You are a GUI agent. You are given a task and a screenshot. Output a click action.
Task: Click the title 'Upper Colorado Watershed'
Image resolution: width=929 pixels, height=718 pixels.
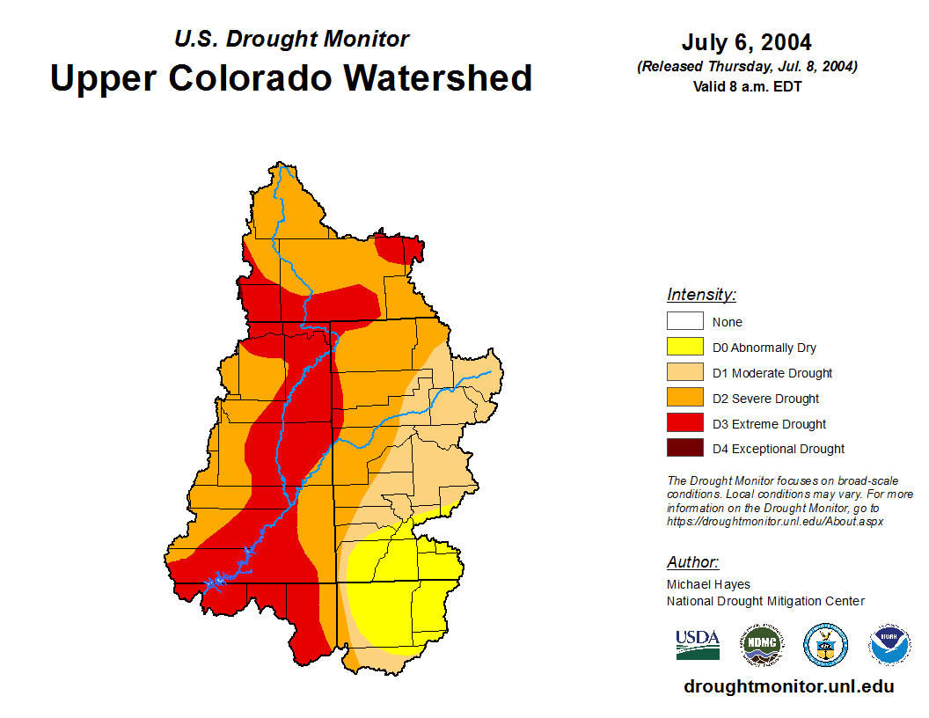coord(291,77)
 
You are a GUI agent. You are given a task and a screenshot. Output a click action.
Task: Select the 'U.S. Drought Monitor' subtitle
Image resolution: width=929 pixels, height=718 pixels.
coord(291,39)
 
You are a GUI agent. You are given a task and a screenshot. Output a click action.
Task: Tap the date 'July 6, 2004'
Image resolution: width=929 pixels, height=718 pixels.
coord(746,42)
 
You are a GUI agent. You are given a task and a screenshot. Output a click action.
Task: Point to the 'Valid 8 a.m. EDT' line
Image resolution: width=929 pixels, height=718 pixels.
coord(746,86)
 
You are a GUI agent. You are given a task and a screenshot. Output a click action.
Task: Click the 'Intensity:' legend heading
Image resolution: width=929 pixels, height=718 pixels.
coord(701,295)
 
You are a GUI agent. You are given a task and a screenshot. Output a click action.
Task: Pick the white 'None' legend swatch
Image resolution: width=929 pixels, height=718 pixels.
coord(684,322)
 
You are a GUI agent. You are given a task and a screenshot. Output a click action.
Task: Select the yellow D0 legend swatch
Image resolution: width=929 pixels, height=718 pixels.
coord(684,348)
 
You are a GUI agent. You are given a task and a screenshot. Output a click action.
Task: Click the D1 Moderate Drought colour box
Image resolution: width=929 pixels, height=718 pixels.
coord(684,373)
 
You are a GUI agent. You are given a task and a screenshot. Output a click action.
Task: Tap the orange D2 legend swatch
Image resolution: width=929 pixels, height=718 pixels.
coord(684,399)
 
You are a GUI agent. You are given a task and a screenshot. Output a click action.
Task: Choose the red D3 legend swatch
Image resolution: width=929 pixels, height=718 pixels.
coord(684,424)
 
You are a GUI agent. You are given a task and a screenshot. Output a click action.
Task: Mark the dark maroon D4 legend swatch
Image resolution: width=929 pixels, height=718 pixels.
coord(684,449)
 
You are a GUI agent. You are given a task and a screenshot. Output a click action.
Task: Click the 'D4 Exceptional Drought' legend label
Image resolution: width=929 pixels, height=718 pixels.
coord(779,449)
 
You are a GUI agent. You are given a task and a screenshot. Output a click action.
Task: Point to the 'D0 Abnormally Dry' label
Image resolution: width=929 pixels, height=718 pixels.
coord(764,348)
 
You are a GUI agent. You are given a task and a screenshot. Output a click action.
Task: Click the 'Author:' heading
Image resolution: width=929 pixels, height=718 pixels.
coord(692,562)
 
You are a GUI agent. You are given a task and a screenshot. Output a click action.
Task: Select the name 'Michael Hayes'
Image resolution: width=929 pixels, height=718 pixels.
coord(708,584)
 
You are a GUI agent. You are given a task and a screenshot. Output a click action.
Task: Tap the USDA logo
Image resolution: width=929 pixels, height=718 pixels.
coord(698,644)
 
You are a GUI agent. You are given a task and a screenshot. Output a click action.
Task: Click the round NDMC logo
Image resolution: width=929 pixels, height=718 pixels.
coord(761,645)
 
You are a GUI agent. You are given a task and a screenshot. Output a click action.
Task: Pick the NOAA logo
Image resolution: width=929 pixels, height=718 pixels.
coord(889,645)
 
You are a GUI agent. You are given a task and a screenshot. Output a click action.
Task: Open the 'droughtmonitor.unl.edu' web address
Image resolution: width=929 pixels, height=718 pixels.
coord(788,686)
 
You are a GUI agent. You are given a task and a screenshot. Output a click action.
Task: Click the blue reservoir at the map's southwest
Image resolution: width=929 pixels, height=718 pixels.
coord(215,582)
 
